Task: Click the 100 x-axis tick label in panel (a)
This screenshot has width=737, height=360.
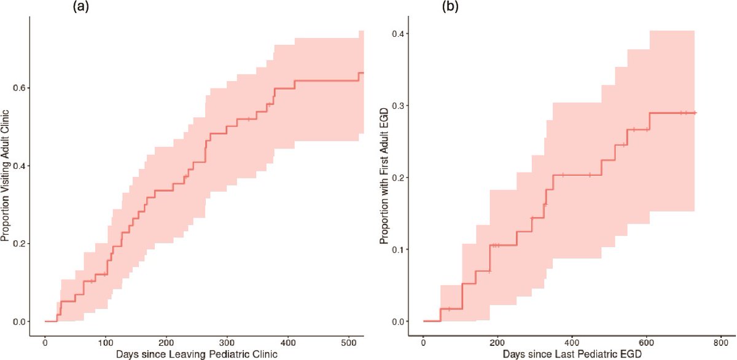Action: coord(105,342)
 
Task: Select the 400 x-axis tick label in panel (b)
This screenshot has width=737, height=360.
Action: coord(572,342)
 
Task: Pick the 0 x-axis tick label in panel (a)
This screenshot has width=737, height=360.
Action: coord(45,342)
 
